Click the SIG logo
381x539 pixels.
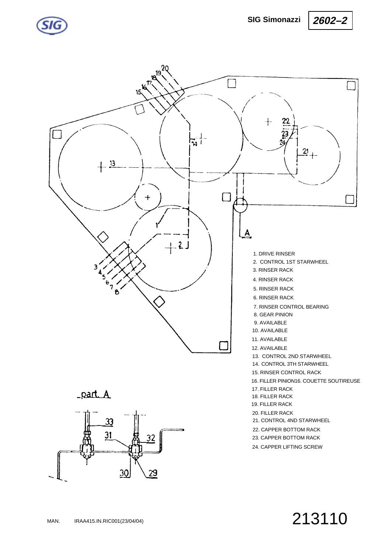(x=52, y=25)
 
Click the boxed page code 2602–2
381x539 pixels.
(x=330, y=20)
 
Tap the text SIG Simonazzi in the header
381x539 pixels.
(x=274, y=20)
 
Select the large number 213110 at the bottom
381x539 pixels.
(x=320, y=519)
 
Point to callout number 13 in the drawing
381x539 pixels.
(x=112, y=163)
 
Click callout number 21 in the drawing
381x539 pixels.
(x=305, y=151)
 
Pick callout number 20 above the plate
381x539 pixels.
(x=165, y=68)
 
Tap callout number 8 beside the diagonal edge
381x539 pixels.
(x=117, y=292)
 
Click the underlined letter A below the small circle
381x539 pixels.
(x=247, y=233)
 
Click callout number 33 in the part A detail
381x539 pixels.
(x=109, y=421)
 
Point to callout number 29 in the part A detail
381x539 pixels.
(x=153, y=473)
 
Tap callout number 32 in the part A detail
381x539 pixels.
(x=151, y=438)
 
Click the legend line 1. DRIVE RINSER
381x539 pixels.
(x=274, y=254)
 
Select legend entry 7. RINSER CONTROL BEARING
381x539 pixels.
(x=291, y=307)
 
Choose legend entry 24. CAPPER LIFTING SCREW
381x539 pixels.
(x=287, y=447)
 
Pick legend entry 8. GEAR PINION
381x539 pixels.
(x=273, y=314)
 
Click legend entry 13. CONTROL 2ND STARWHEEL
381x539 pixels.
(x=292, y=356)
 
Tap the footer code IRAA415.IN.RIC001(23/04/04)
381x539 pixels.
(x=109, y=521)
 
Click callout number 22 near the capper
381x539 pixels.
(x=286, y=121)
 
